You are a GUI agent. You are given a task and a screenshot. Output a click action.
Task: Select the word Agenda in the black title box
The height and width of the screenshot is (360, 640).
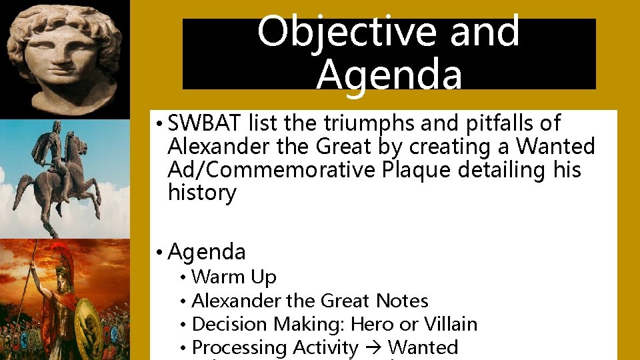coord(389,75)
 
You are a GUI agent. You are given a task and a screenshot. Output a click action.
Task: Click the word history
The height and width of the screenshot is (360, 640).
coord(202,193)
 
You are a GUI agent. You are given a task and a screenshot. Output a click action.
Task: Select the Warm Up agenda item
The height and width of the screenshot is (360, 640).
coord(233,277)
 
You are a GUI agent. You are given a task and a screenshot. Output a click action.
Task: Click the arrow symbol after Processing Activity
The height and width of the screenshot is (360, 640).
coord(373,347)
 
